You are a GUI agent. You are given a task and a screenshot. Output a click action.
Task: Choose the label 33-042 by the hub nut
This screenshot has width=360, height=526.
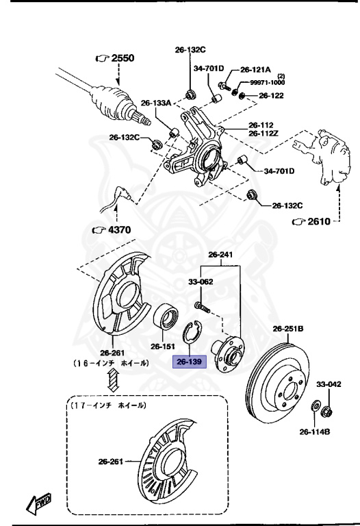[327, 385]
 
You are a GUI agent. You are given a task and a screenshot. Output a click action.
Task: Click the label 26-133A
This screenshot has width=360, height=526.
[156, 103]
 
